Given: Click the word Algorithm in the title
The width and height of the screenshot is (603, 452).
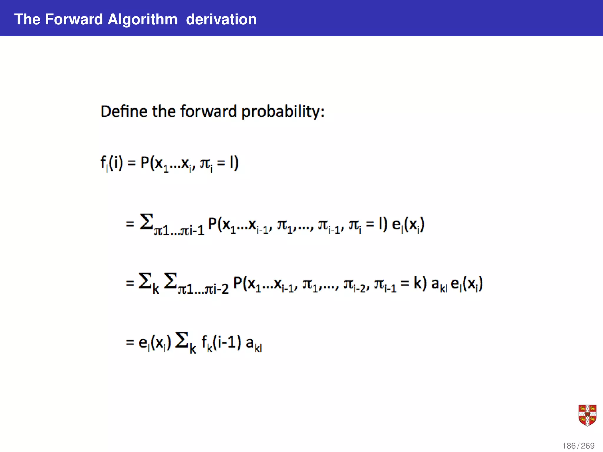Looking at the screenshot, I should pyautogui.click(x=143, y=19).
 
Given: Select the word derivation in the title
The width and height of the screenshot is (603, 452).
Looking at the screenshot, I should pyautogui.click(x=221, y=19).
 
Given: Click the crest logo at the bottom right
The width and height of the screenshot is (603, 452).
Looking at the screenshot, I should pyautogui.click(x=587, y=415).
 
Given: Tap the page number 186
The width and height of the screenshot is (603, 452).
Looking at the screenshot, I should pyautogui.click(x=569, y=446).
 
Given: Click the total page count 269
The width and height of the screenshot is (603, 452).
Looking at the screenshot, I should pyautogui.click(x=588, y=446).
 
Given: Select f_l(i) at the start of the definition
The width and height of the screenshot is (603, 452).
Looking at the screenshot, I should pyautogui.click(x=112, y=163).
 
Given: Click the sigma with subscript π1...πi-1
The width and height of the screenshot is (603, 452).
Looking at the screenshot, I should pyautogui.click(x=147, y=222).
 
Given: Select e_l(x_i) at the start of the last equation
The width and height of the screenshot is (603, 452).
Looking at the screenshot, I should pyautogui.click(x=155, y=343).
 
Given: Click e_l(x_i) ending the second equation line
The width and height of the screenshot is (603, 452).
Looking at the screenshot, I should pyautogui.click(x=408, y=225).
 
